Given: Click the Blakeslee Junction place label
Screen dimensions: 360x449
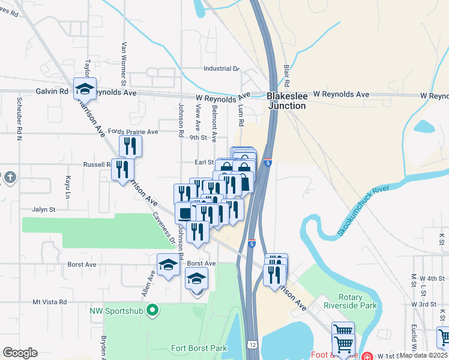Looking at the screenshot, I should coord(286,100).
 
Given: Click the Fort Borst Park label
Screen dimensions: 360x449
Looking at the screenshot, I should coord(199,348).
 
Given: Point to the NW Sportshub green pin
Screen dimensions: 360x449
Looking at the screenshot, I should coord(153,310).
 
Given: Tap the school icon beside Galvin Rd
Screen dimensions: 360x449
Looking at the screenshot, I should coord(85,89).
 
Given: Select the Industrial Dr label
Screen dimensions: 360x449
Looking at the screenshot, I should coord(221,69).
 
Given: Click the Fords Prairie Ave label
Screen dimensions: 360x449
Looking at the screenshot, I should coord(133,131).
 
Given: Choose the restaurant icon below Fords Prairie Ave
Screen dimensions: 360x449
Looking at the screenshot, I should coord(130,146).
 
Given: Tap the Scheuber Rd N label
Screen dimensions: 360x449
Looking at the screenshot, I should coord(19,118).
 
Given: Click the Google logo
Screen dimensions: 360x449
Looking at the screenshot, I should coord(20,353).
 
